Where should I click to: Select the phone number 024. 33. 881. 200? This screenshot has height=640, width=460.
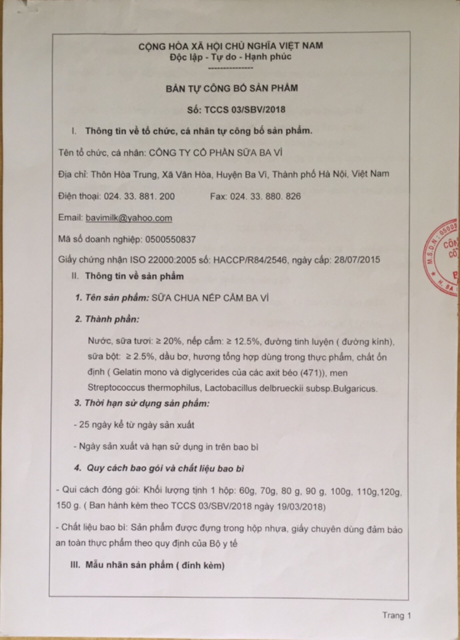(x=139, y=196)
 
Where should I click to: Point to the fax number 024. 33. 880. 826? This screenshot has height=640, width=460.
(x=265, y=196)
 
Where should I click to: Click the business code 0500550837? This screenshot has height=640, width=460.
(x=169, y=239)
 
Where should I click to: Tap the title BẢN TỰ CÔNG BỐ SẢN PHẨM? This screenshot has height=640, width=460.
(x=232, y=88)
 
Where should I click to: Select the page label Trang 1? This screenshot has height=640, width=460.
(x=396, y=615)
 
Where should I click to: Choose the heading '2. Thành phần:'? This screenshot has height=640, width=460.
(x=107, y=319)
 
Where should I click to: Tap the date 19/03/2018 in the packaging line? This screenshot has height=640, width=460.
(x=301, y=507)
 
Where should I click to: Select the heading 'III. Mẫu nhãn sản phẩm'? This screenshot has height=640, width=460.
(x=147, y=565)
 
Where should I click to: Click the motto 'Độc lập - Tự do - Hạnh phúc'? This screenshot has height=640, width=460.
(x=230, y=56)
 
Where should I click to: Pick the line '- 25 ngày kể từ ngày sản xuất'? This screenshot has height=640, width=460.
(x=133, y=425)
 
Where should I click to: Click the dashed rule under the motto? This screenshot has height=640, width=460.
(x=229, y=67)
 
